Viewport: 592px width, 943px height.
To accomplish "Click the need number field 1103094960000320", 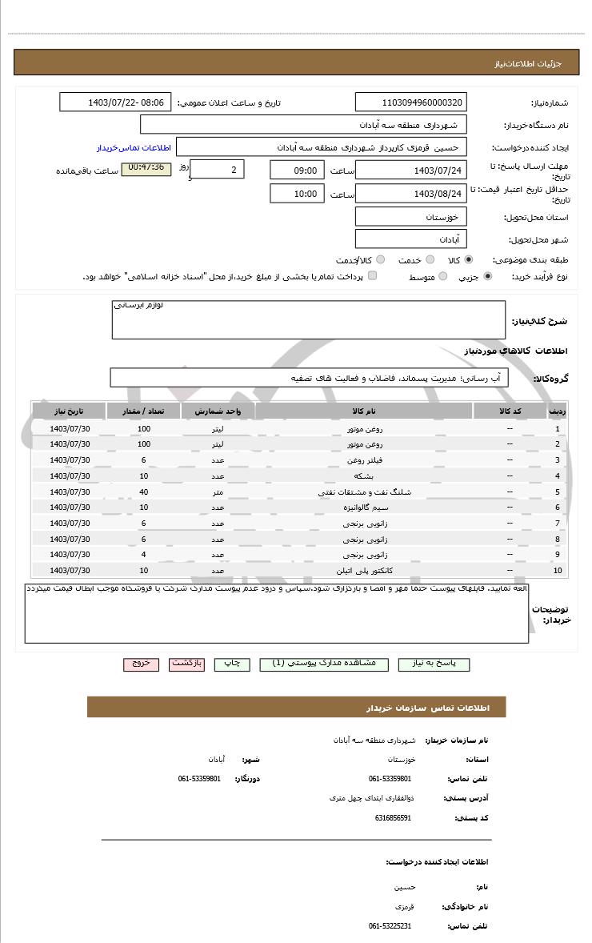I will point(410,102).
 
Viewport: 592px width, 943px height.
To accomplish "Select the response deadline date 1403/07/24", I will point(410,171).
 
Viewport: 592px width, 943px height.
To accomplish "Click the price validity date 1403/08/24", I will point(410,195).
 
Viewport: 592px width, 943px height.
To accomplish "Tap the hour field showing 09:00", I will point(297,171).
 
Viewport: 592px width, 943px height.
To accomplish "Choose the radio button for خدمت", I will point(430,260).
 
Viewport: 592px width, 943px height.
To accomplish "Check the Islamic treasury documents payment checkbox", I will point(372,277).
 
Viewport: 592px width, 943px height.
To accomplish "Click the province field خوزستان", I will point(410,218).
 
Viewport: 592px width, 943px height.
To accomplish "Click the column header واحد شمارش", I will point(218,411).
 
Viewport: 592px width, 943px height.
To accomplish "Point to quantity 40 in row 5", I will point(144,492).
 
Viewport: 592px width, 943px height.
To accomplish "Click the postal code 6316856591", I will point(392,818).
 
